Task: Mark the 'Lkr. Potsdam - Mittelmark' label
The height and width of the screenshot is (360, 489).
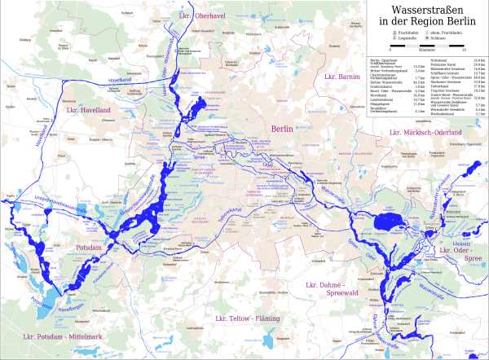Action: click(x=55, y=335)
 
